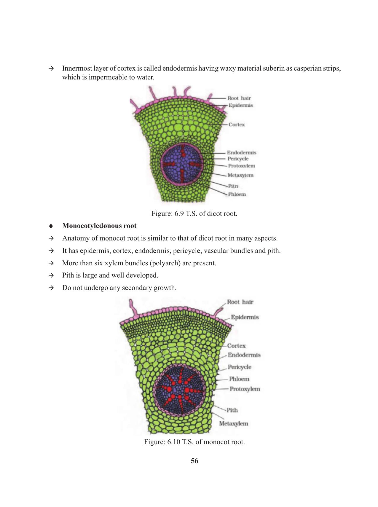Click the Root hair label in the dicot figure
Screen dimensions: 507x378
coord(239,98)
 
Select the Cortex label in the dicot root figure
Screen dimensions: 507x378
coord(237,125)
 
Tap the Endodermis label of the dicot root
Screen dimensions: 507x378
coord(241,153)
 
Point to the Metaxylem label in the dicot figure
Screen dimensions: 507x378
coord(240,175)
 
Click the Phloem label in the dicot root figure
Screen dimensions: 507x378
coord(237,194)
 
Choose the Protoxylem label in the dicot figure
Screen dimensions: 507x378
coord(241,166)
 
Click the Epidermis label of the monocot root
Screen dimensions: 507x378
coord(245,317)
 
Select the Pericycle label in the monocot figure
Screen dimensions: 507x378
coord(239,367)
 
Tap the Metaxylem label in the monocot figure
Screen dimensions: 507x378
coord(233,423)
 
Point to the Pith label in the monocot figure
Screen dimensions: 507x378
coord(232,410)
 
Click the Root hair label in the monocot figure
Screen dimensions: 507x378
coord(240,302)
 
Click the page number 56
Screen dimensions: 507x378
coord(194,461)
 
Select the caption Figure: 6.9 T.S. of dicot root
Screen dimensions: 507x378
coord(194,214)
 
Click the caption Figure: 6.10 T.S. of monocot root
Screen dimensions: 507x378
coord(194,442)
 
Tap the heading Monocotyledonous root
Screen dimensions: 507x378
coord(99,226)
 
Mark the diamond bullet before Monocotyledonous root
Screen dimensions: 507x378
coord(51,226)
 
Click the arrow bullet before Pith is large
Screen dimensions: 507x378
coord(51,275)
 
